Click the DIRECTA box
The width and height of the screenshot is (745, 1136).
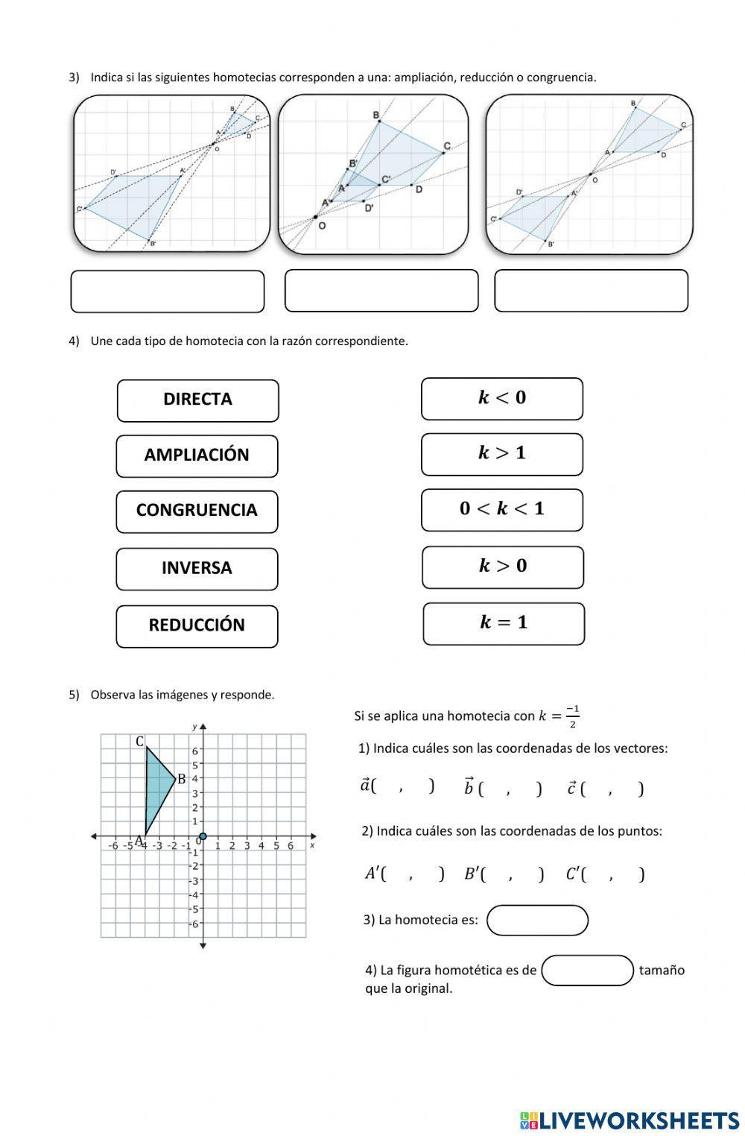[x=197, y=400]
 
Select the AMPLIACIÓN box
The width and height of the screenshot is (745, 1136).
[x=197, y=455]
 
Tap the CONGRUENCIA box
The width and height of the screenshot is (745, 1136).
[x=197, y=511]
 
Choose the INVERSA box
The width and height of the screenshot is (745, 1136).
[x=197, y=569]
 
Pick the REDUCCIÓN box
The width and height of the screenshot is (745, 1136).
[x=197, y=626]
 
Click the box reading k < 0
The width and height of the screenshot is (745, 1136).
[x=501, y=399]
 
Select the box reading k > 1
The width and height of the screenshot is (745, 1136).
[x=501, y=454]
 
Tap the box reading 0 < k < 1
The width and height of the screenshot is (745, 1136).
[x=501, y=510]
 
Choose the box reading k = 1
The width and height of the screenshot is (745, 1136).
[x=504, y=623]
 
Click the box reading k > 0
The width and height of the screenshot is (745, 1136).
[x=502, y=567]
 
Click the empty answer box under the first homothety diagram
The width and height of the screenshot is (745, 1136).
[x=168, y=291]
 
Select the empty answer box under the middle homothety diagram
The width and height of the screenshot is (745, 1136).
[x=381, y=291]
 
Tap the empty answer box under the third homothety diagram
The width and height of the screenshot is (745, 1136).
[x=591, y=291]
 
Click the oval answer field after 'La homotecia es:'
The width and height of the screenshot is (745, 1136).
[x=537, y=920]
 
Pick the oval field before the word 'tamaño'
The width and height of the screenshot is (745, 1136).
[x=587, y=971]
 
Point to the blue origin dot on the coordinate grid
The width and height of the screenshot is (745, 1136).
[x=203, y=836]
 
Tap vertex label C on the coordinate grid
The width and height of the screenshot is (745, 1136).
[x=139, y=742]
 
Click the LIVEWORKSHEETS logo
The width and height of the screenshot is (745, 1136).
[x=630, y=1120]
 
